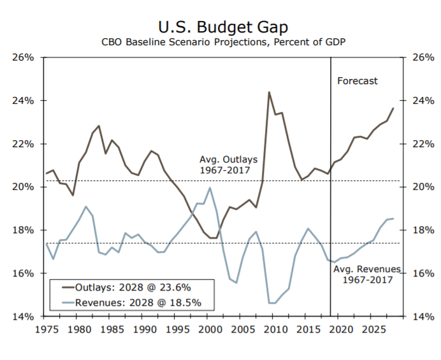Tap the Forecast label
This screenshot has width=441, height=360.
[x=357, y=81]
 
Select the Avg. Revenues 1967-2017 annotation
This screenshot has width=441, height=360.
[x=367, y=275]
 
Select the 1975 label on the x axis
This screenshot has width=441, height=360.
[x=47, y=329]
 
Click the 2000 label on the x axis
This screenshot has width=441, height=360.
[x=210, y=329]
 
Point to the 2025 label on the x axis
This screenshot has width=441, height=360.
[x=373, y=329]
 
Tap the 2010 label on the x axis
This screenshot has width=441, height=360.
[x=275, y=329]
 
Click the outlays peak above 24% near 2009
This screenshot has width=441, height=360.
[x=268, y=92]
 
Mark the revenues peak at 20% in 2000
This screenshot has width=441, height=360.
[x=210, y=187]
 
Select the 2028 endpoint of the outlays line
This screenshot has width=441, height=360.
[x=393, y=108]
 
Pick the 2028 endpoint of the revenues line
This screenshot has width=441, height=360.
[x=393, y=219]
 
